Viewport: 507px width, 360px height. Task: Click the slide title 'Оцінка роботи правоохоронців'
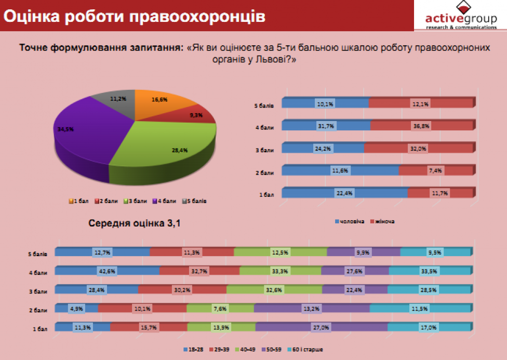point(134,16)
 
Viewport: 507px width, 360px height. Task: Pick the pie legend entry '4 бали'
point(161,201)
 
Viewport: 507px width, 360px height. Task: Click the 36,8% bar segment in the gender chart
point(421,126)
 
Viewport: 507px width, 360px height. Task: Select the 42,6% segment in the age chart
point(107,270)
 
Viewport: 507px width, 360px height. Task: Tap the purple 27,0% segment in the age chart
point(322,327)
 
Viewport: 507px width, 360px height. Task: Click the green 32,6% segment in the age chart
point(274,289)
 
